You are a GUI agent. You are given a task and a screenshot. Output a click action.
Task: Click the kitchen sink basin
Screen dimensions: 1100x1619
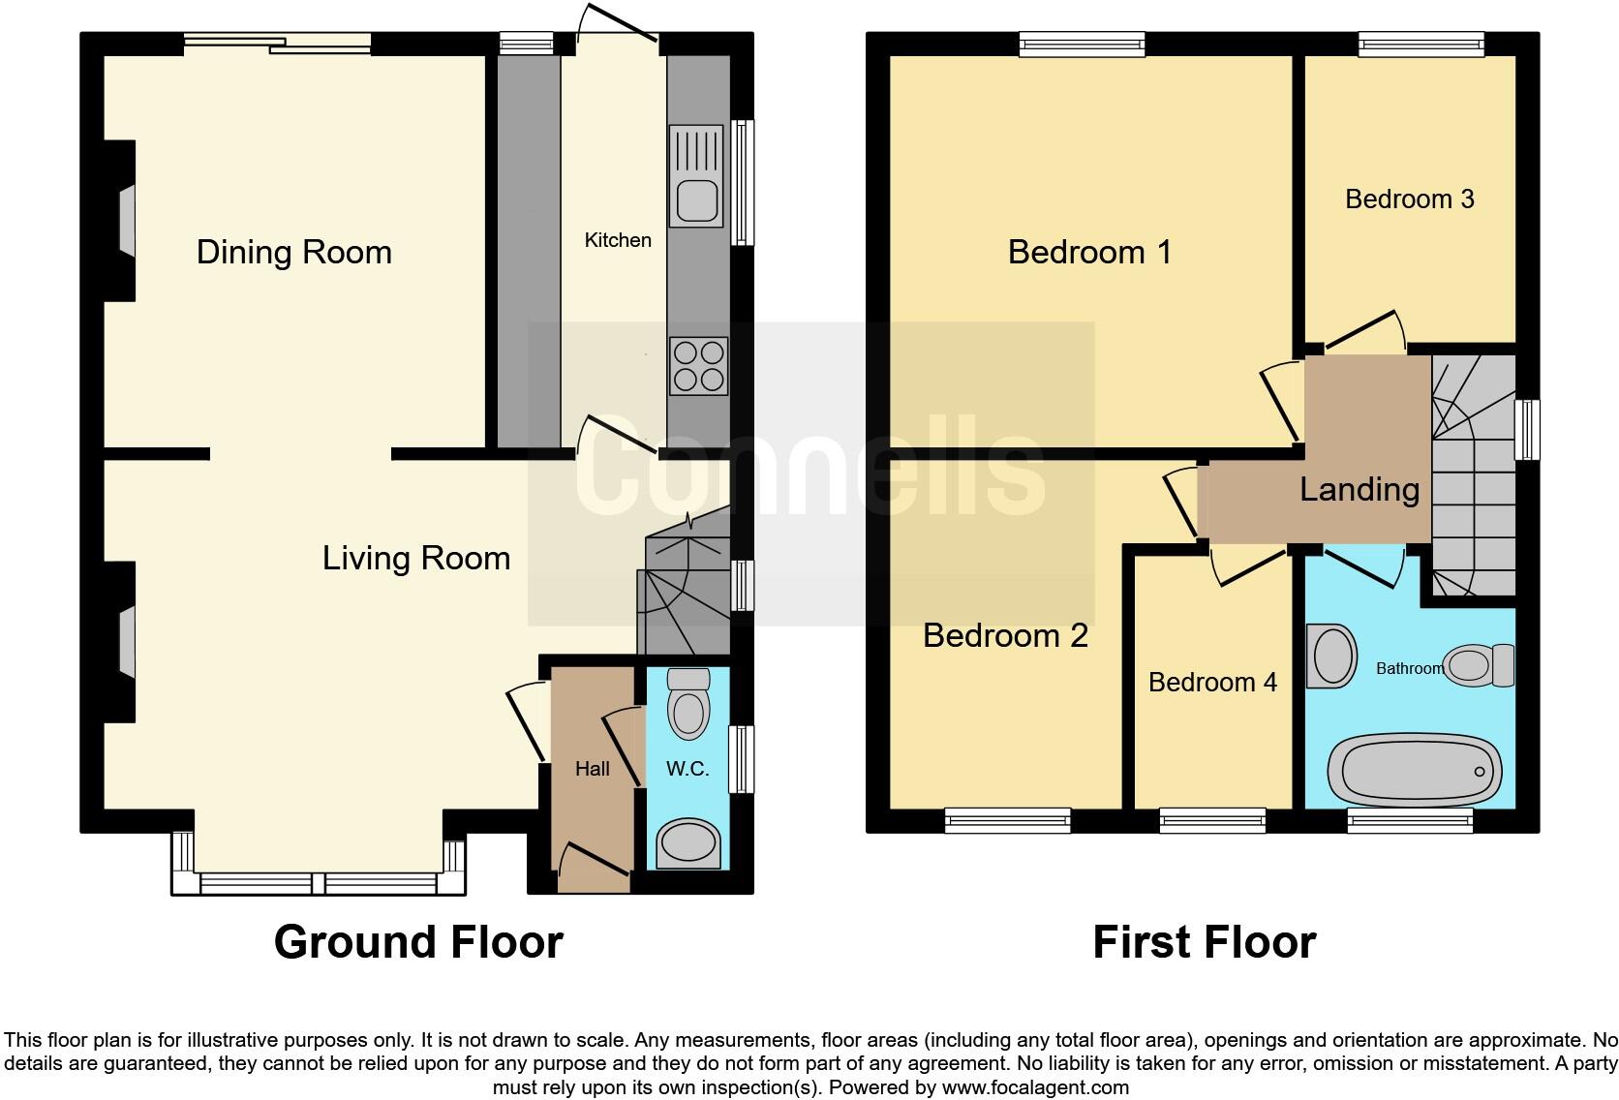click(x=696, y=200)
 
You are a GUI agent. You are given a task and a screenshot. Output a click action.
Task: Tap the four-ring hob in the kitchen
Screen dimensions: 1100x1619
click(x=697, y=365)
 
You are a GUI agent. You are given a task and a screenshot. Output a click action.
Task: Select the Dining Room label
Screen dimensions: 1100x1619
click(x=294, y=252)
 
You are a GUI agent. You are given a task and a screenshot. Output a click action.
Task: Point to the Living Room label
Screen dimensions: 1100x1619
click(x=416, y=558)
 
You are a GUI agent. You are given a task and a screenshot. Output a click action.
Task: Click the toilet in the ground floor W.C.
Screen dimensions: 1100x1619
click(x=688, y=707)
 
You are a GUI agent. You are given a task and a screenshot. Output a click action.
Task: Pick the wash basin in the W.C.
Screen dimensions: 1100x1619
click(x=688, y=843)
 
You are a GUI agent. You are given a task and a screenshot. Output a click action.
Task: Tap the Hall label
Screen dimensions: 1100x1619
click(x=592, y=769)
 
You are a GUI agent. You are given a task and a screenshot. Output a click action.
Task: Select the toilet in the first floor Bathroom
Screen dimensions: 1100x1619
click(x=1479, y=665)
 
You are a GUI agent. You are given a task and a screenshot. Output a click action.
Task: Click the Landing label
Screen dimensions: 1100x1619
click(x=1359, y=489)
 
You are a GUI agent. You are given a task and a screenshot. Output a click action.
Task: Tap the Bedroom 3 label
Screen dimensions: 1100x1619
click(x=1409, y=199)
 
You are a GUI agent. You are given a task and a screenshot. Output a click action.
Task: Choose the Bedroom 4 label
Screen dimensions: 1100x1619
click(x=1212, y=682)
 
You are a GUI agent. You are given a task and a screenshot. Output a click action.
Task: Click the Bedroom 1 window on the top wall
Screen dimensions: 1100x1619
click(x=1082, y=44)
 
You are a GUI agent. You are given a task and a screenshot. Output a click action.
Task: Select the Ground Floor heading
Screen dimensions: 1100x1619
click(x=418, y=941)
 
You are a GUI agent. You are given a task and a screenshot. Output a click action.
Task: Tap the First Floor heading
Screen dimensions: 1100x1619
click(x=1204, y=941)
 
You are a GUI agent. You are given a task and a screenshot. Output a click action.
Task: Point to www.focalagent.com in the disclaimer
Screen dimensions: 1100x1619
click(x=1034, y=1087)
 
